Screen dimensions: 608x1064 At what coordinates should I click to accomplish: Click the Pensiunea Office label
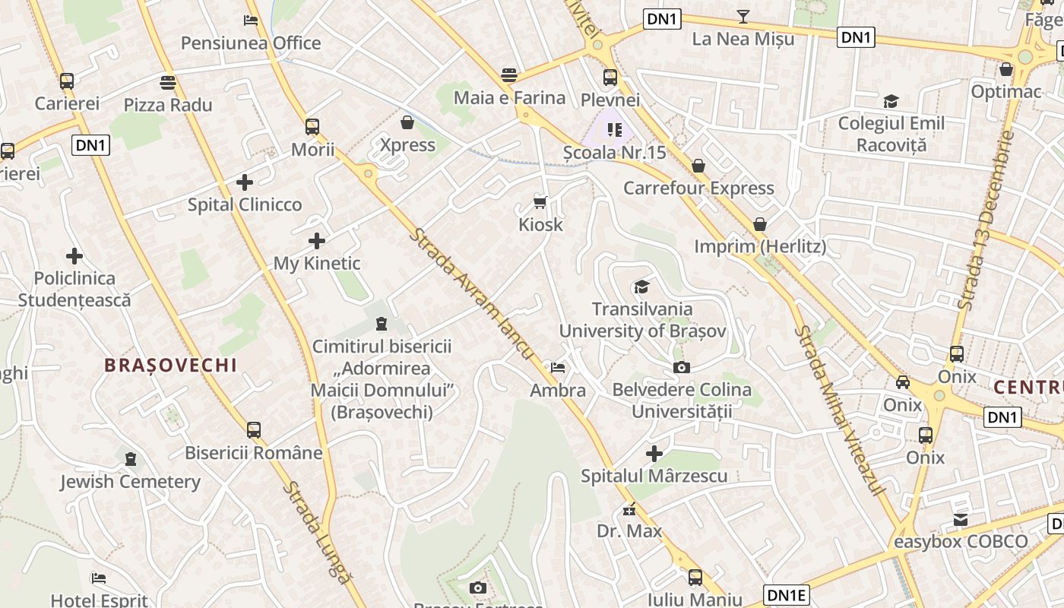click(251, 43)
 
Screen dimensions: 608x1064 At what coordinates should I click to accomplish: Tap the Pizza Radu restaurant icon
click(168, 82)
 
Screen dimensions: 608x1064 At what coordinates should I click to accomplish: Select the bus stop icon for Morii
click(312, 126)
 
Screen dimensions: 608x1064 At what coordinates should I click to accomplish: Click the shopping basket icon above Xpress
click(407, 122)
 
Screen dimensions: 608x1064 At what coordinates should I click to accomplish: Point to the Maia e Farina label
click(509, 98)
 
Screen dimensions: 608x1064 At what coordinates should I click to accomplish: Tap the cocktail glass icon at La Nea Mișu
click(743, 16)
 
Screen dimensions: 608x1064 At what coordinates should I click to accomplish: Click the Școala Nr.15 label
click(614, 153)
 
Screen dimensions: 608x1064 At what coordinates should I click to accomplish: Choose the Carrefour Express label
click(698, 188)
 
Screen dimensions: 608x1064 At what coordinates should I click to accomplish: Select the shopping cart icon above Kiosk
click(540, 201)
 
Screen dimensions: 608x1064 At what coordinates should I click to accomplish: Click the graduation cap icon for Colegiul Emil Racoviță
click(891, 101)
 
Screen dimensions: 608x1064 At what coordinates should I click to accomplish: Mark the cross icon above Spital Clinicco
click(245, 182)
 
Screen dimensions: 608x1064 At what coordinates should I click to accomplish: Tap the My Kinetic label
click(317, 264)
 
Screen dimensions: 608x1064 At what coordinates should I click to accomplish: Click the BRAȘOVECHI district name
click(170, 366)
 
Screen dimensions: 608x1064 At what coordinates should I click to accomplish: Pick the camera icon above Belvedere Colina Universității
click(682, 367)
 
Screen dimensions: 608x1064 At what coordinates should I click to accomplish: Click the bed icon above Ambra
click(558, 368)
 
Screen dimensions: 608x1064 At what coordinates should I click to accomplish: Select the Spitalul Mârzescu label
click(654, 477)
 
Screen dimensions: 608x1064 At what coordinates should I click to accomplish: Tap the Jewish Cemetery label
click(130, 482)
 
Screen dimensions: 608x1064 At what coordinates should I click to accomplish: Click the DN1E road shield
click(786, 595)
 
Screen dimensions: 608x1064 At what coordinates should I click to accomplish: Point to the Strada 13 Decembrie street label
click(987, 220)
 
